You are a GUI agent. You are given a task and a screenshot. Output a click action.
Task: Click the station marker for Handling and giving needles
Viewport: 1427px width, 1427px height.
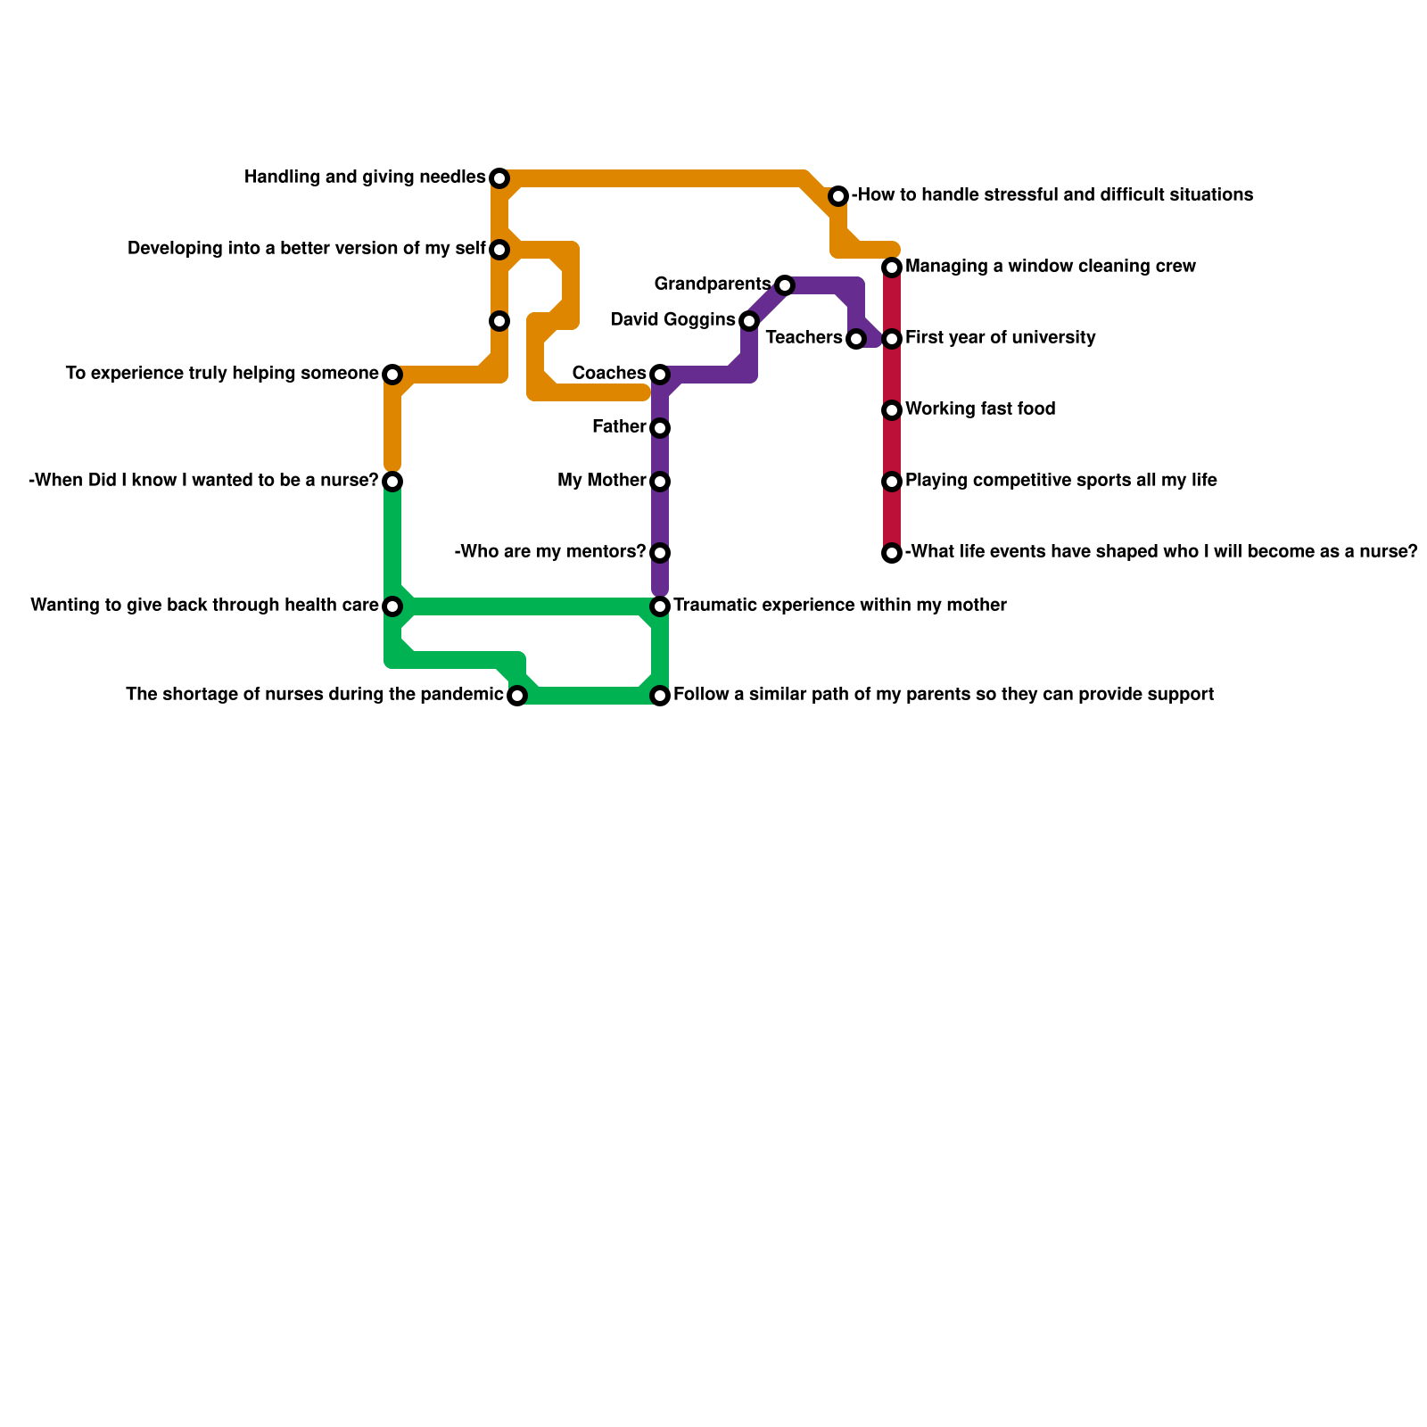[499, 178]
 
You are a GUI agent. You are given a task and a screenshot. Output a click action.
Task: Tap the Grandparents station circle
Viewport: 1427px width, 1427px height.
[784, 285]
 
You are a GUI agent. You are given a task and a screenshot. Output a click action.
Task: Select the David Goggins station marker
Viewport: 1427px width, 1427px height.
[749, 321]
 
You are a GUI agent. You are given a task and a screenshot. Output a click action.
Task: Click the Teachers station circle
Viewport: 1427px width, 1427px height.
[856, 339]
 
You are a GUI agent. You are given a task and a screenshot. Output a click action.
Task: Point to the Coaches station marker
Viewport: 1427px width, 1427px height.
[660, 375]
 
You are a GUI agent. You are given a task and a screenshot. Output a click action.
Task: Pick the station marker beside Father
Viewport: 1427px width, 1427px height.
[660, 428]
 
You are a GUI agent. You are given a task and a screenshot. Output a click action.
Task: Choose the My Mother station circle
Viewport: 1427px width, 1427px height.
[660, 482]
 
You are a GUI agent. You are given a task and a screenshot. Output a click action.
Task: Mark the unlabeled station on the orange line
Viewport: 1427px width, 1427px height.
[499, 321]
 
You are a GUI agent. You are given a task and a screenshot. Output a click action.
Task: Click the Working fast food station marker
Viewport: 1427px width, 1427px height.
[892, 410]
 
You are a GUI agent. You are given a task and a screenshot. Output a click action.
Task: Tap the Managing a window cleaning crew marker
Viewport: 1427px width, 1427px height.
[892, 268]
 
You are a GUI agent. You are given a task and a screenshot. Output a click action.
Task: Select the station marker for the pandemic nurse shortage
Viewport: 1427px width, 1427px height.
[517, 696]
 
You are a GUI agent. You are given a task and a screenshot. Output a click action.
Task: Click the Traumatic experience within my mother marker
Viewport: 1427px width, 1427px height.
[660, 606]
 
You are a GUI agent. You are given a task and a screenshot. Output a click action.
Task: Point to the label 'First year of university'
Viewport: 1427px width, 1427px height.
[1000, 338]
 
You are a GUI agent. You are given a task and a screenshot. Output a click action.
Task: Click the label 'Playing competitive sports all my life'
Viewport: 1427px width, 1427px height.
[1060, 481]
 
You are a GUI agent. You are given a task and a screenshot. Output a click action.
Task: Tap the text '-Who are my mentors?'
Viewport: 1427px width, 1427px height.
[549, 552]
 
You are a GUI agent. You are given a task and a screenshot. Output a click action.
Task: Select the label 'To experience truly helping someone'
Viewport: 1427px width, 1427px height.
[222, 374]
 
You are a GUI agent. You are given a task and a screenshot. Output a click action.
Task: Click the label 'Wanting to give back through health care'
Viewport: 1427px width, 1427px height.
[204, 606]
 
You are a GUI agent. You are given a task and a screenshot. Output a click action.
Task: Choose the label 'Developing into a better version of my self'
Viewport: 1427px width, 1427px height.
[306, 249]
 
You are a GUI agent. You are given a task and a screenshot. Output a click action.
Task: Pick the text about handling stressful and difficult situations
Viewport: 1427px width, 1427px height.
[1052, 195]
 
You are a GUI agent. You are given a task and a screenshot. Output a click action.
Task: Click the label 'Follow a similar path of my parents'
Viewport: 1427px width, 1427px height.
[943, 695]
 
